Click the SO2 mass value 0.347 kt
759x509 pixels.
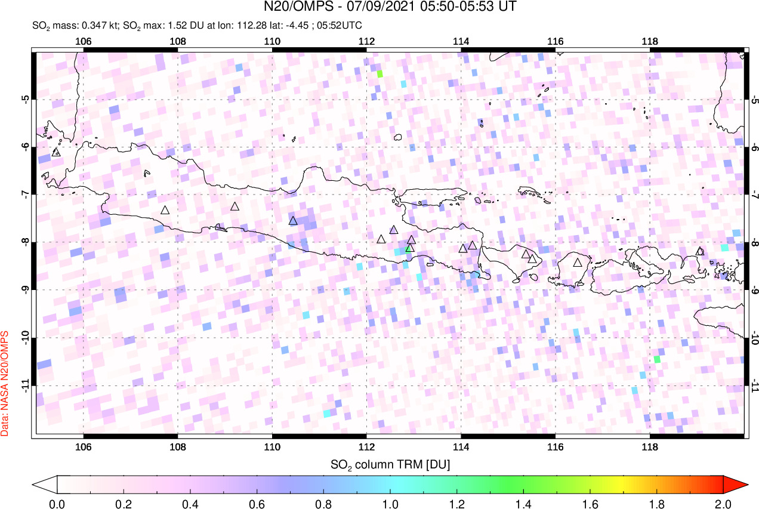(94, 26)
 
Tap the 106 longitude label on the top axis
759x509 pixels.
(84, 41)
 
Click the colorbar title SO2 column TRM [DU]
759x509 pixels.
(390, 464)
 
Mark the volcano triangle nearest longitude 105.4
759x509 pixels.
(57, 153)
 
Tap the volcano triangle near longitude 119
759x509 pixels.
(700, 252)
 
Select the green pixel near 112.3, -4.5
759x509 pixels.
(379, 74)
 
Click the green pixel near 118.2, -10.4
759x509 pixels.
(657, 359)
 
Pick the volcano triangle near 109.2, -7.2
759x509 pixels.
(235, 206)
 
